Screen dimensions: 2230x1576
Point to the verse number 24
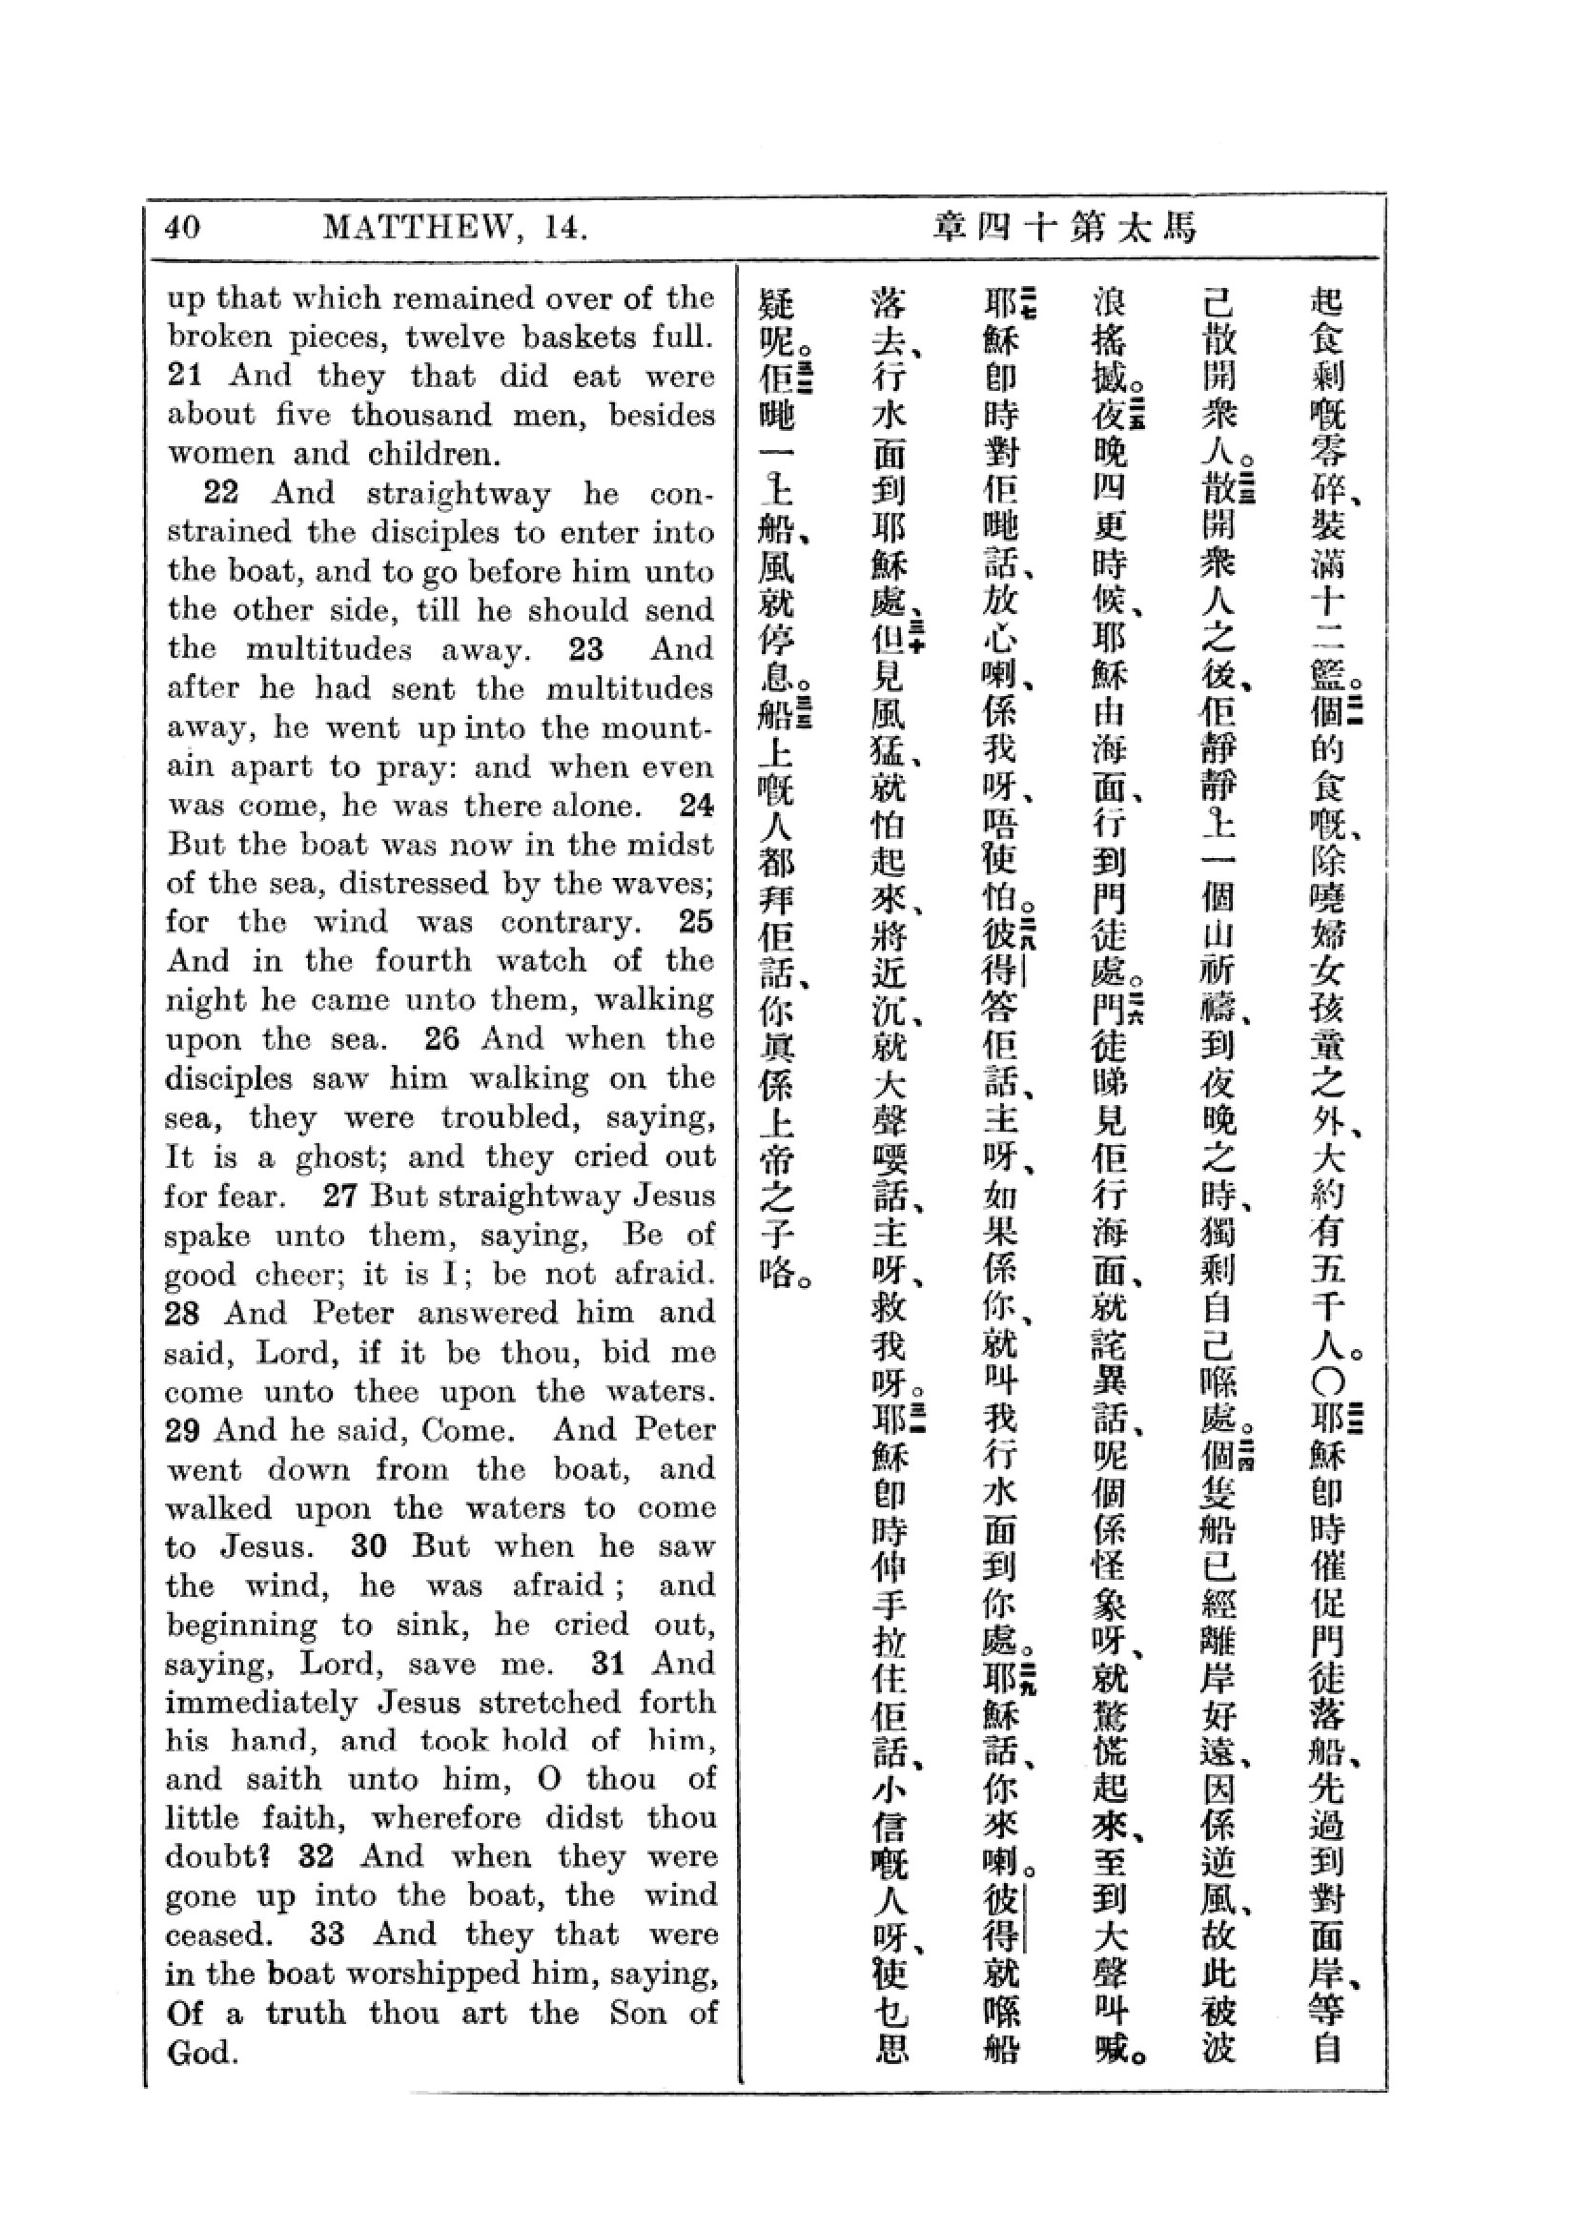696,806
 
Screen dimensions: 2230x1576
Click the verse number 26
441,1039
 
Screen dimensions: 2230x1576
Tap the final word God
201,2054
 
